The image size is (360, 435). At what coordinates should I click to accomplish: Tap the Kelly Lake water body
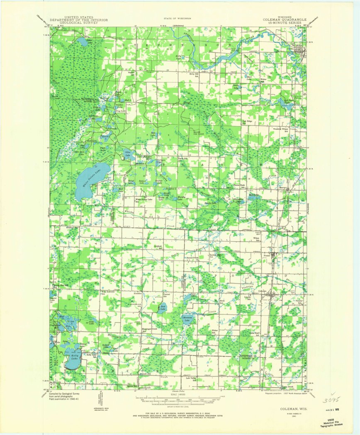coord(73,357)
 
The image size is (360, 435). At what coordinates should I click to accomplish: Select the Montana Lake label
coord(187,320)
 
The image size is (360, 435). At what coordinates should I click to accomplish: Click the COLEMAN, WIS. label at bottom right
coord(286,408)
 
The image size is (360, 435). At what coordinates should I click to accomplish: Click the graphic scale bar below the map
coord(179,399)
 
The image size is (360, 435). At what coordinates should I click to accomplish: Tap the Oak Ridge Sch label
coord(247,122)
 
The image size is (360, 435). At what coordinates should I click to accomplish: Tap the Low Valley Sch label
coord(191,379)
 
